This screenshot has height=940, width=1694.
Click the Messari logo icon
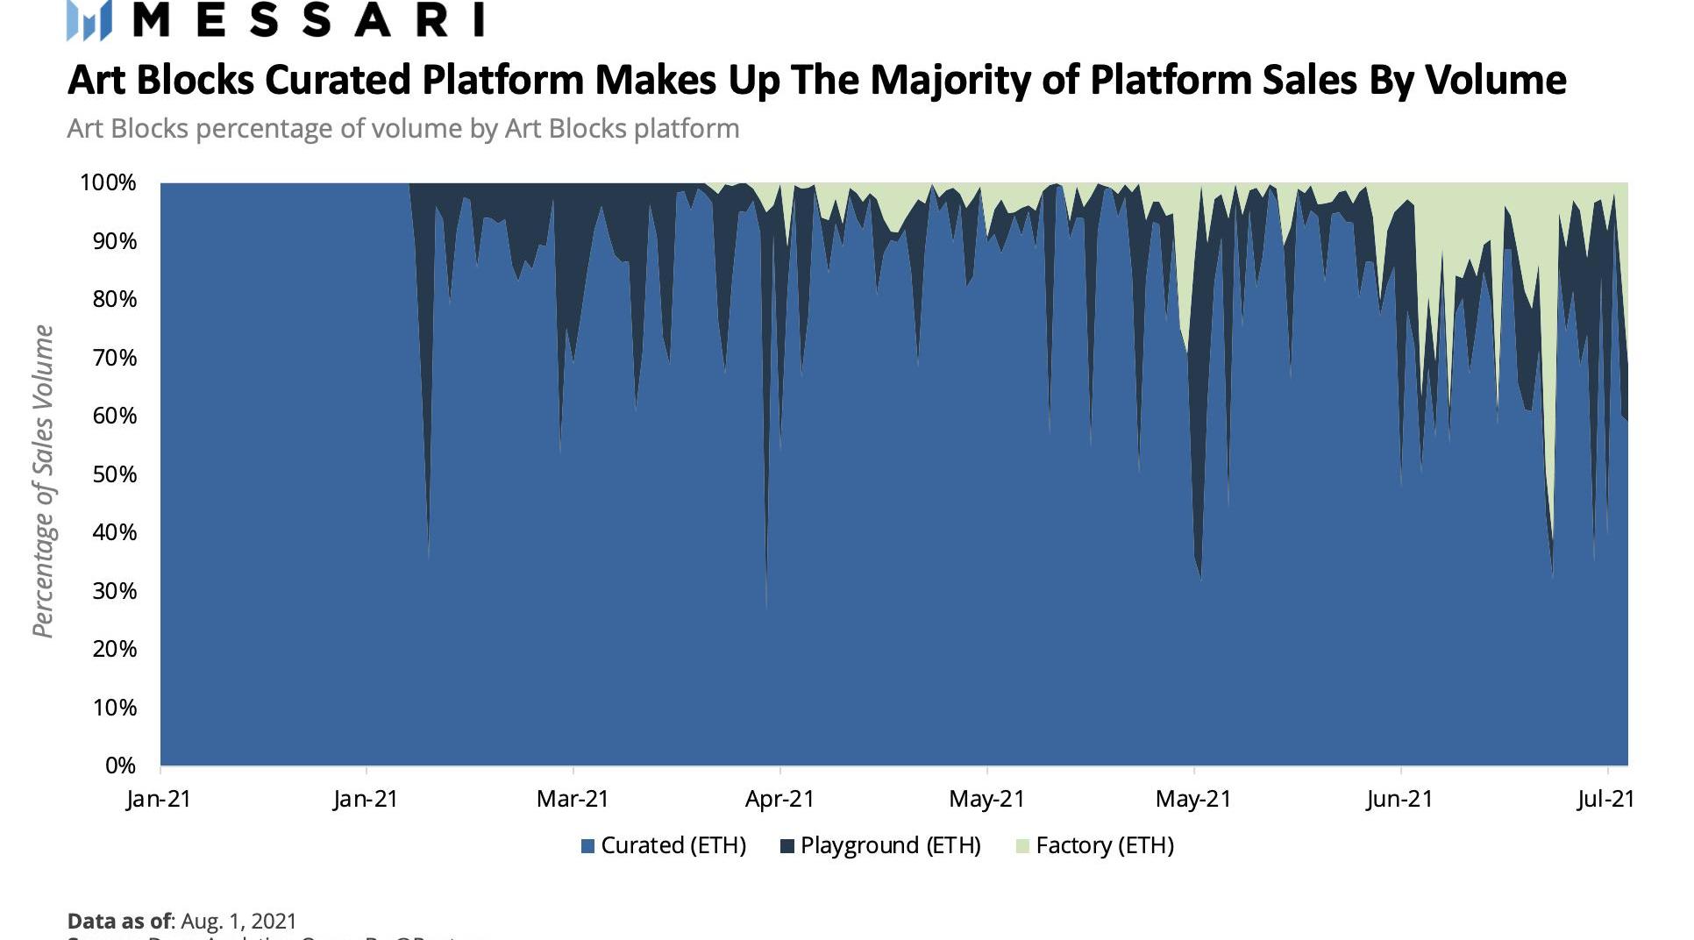pyautogui.click(x=89, y=20)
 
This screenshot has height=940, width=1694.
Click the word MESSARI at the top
pyautogui.click(x=308, y=19)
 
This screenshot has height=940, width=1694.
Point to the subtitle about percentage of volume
pyautogui.click(x=403, y=129)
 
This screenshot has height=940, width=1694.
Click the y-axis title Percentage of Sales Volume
pyautogui.click(x=43, y=481)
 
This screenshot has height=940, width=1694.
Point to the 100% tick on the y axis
pyautogui.click(x=109, y=182)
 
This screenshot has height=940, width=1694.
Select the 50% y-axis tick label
pyautogui.click(x=115, y=474)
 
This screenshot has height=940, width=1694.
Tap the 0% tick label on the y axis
pyautogui.click(x=120, y=766)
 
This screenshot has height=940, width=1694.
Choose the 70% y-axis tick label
pyautogui.click(x=115, y=358)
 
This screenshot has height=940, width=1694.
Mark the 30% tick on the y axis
pyautogui.click(x=115, y=591)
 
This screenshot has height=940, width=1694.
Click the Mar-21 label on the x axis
pyautogui.click(x=573, y=799)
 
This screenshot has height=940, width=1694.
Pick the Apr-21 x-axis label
pyautogui.click(x=779, y=799)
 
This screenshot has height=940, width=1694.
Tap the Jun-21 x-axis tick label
pyautogui.click(x=1399, y=799)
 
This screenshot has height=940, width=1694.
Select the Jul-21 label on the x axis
pyautogui.click(x=1605, y=799)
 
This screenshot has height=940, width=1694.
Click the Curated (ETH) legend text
pyautogui.click(x=673, y=845)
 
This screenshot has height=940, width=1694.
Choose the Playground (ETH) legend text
pyautogui.click(x=890, y=845)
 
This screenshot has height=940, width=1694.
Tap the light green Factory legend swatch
pyautogui.click(x=1021, y=846)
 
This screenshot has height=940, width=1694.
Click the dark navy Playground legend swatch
pyautogui.click(x=786, y=846)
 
